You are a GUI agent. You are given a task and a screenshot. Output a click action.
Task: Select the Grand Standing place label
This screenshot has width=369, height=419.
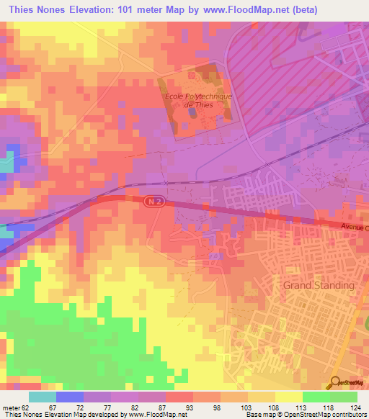point(319,285)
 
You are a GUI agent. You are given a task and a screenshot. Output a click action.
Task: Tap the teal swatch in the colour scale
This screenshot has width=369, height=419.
point(43,397)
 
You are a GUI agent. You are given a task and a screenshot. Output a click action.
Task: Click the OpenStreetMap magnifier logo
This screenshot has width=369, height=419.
point(336,382)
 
